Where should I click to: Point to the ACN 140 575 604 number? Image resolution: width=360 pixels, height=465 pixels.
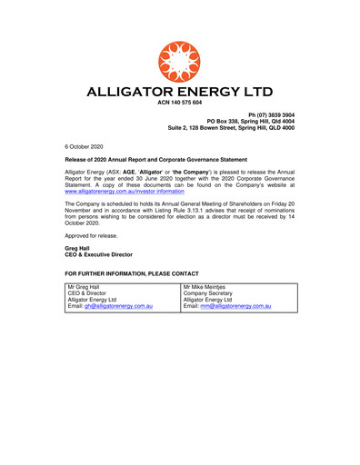click(180, 105)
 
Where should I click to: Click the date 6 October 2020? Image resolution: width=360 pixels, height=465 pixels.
click(86, 145)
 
